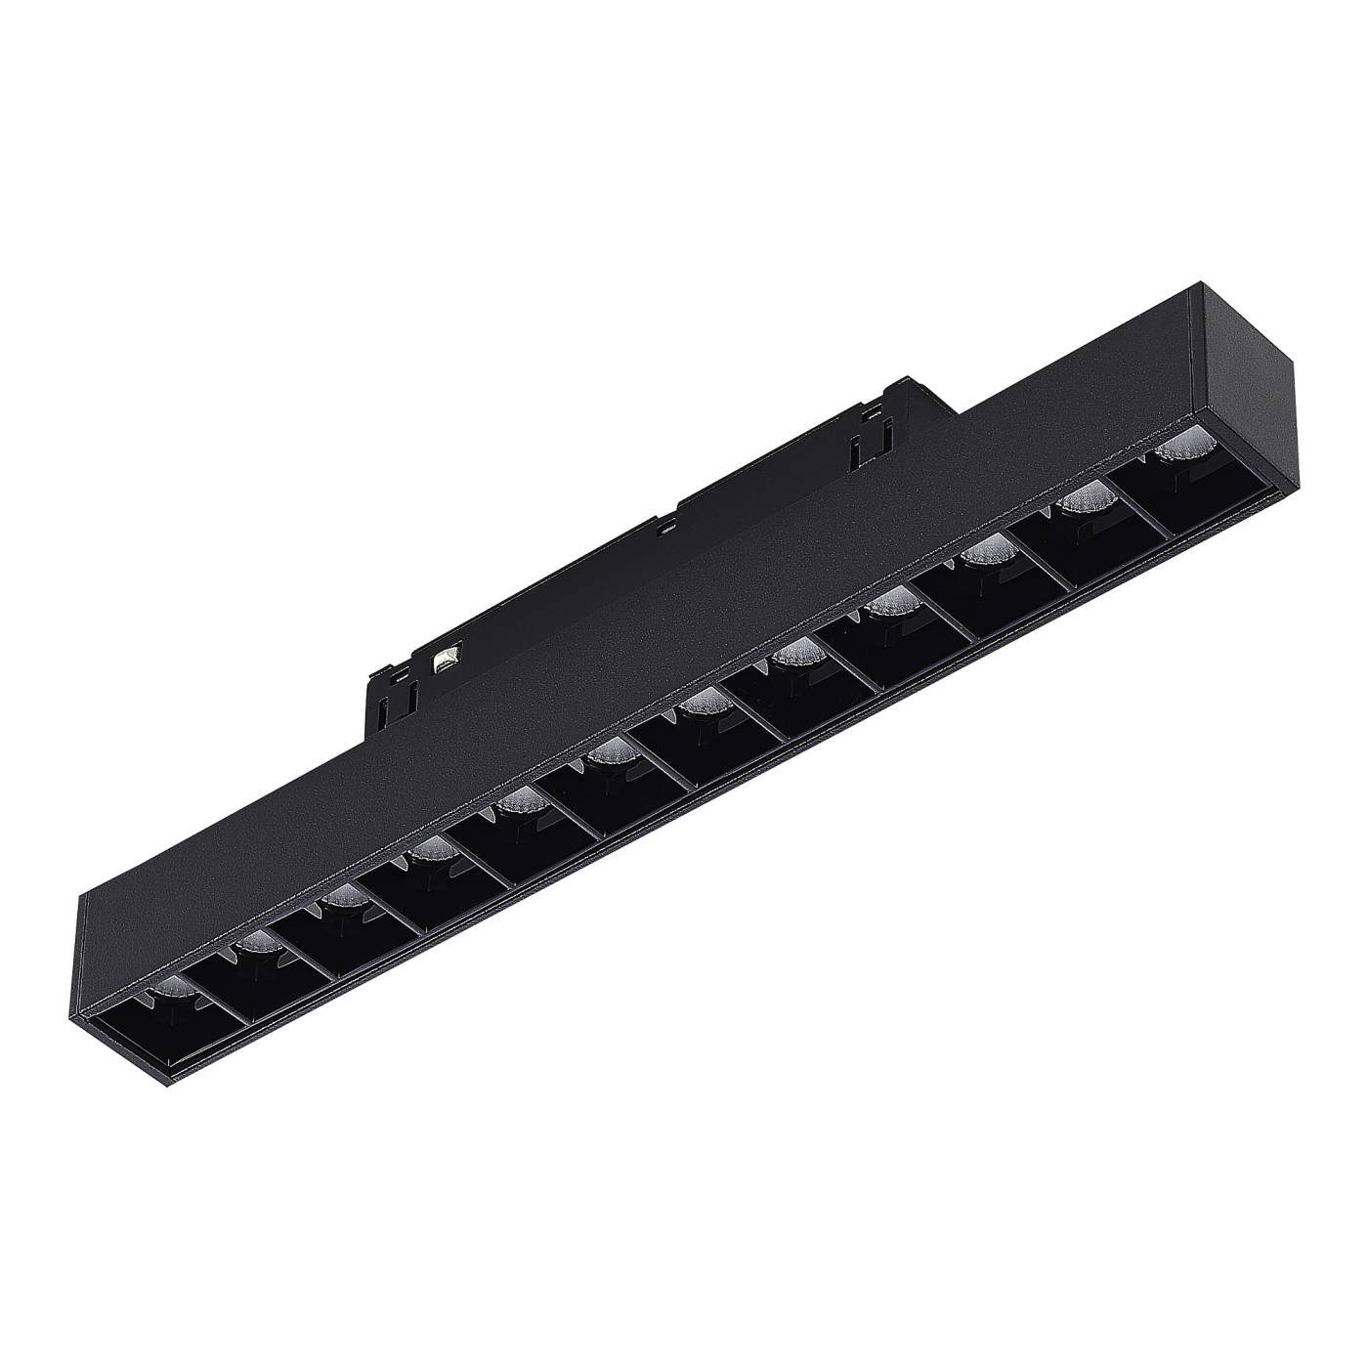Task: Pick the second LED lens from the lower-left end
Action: point(256,944)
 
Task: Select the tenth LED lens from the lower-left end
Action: point(984,554)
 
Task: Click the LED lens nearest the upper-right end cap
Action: point(1172,455)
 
